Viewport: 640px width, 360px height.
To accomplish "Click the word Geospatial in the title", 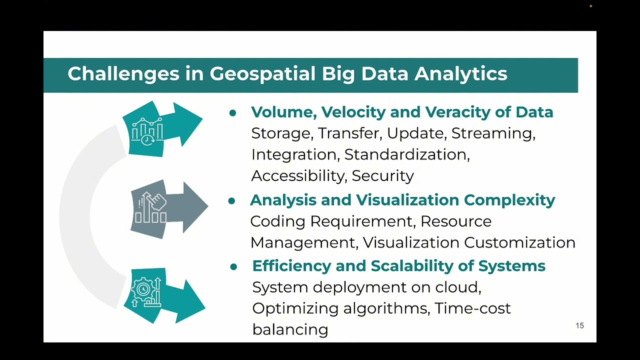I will tap(262, 73).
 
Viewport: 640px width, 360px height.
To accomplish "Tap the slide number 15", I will tap(579, 325).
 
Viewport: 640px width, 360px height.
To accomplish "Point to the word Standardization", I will tap(407, 154).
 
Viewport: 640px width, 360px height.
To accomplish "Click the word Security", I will tap(383, 175).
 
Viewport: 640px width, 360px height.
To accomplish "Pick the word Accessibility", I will tap(298, 175).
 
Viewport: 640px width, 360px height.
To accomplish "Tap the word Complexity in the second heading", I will tap(509, 200).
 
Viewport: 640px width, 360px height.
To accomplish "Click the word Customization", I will tap(519, 242).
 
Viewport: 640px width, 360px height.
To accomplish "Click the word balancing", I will tap(290, 329).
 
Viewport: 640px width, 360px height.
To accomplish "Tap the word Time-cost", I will tap(472, 308).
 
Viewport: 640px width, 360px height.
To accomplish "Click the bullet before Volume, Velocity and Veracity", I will tap(232, 113).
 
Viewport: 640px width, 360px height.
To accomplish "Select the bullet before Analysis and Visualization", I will tap(231, 201).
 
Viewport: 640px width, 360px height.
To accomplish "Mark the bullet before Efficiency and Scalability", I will tap(233, 267).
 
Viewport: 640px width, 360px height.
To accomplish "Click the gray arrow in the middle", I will tap(170, 208).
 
